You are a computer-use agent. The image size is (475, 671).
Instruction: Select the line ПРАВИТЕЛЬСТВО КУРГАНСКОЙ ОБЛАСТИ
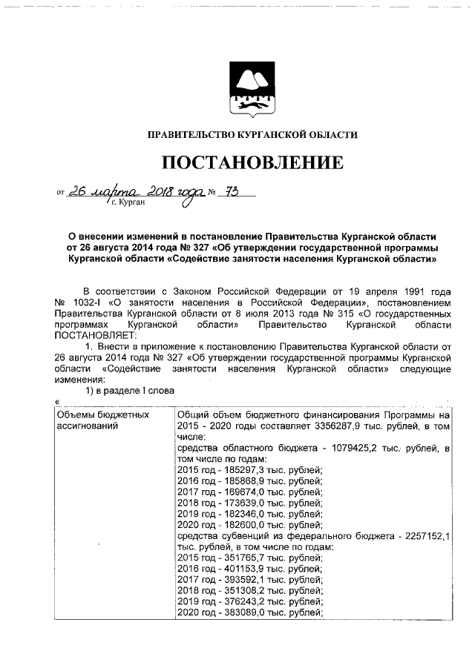[x=252, y=135]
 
